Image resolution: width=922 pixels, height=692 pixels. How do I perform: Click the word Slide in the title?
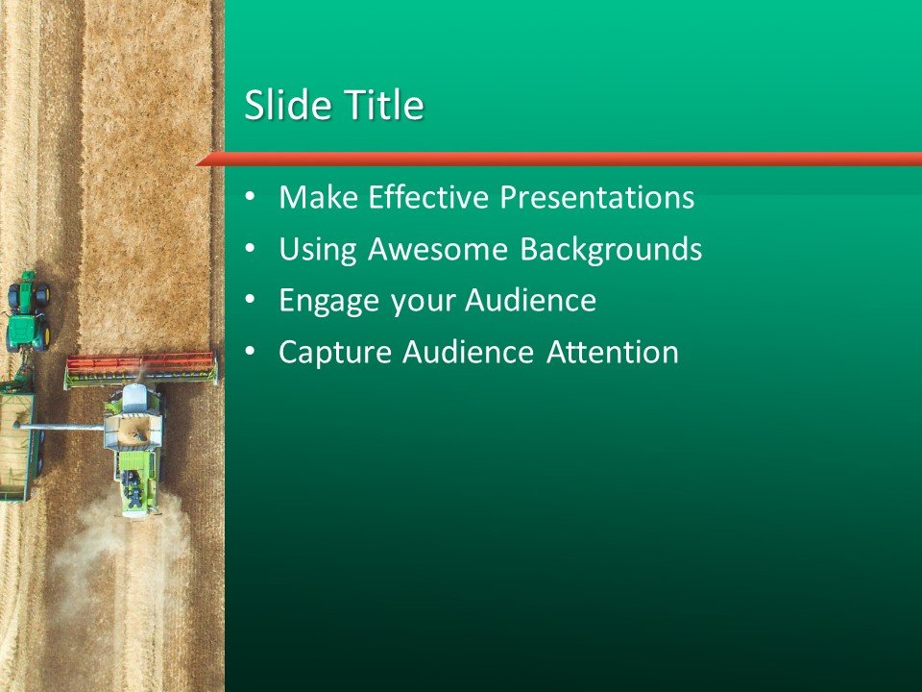pyautogui.click(x=281, y=106)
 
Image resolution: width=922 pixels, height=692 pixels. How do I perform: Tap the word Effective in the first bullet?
pyautogui.click(x=430, y=198)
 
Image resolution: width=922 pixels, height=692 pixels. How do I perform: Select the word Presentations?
pyautogui.click(x=598, y=198)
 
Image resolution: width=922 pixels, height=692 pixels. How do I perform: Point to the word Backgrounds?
pyautogui.click(x=611, y=250)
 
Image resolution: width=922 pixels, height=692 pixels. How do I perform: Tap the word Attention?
pyautogui.click(x=612, y=353)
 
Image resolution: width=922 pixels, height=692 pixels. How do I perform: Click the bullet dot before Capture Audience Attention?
pyautogui.click(x=251, y=352)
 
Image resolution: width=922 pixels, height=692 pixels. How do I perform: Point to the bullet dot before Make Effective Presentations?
pyautogui.click(x=251, y=197)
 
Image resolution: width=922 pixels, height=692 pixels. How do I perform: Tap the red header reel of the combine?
pyautogui.click(x=140, y=366)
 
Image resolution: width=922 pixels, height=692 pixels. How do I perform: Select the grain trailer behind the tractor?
pyautogui.click(x=16, y=442)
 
